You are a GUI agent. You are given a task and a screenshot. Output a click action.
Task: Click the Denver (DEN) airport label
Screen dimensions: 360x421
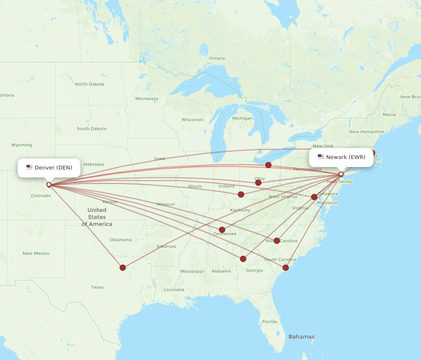(49, 168)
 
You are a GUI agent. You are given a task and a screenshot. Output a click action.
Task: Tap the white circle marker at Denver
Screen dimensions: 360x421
(49, 184)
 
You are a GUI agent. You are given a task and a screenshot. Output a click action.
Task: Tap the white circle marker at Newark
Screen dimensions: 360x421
(341, 174)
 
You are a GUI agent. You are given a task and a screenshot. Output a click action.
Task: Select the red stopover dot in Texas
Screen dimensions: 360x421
(123, 267)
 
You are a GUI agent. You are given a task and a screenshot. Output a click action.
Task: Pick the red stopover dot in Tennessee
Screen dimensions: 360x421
(222, 230)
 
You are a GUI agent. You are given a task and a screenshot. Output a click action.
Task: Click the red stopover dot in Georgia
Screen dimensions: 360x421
(243, 259)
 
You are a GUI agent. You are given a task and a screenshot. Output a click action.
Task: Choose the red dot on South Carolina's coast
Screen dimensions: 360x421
(285, 267)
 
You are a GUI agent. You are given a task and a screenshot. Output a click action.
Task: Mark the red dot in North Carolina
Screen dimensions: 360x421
(277, 241)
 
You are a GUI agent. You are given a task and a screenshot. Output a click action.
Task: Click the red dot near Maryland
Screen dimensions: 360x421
(314, 197)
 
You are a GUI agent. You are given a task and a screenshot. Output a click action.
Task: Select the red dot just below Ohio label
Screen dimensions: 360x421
(258, 183)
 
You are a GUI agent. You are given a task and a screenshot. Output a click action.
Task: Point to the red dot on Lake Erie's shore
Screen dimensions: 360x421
(268, 165)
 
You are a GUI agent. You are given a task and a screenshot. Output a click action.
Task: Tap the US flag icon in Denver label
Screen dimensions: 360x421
(29, 167)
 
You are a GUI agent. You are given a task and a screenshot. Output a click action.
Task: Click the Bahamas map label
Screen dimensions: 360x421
(301, 337)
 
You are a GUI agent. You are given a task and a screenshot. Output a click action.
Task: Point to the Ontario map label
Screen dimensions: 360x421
(217, 58)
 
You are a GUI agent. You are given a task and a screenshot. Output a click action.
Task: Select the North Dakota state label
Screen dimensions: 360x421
(90, 84)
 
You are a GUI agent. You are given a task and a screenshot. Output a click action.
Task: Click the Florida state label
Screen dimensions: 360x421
(269, 322)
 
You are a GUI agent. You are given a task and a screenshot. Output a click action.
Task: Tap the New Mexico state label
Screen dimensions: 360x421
(36, 253)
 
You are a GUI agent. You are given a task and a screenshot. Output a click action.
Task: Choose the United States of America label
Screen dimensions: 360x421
(97, 217)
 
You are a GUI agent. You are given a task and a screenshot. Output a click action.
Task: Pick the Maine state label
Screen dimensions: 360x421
(389, 114)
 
